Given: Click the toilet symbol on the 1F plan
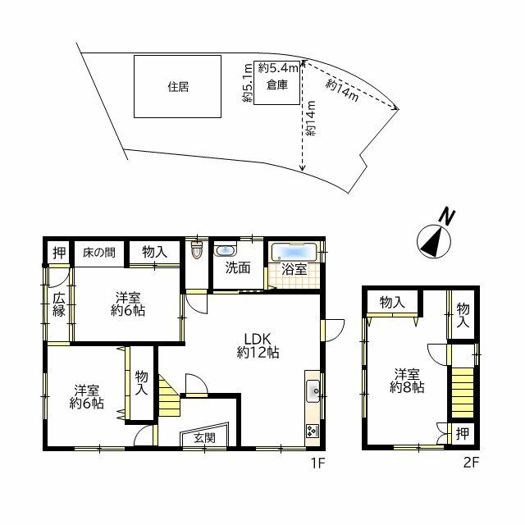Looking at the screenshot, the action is click(x=197, y=249).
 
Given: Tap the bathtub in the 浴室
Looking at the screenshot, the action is click(x=294, y=252).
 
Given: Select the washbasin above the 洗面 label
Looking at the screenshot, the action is click(x=226, y=250).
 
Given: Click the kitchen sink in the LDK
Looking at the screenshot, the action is click(x=313, y=391).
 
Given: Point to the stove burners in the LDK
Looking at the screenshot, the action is click(x=313, y=430).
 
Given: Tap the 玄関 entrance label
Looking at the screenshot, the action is click(x=204, y=437).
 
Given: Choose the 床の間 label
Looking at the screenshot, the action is click(x=98, y=252).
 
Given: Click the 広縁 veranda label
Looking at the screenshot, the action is click(x=59, y=305).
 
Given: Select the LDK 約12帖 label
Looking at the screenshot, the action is click(x=258, y=346).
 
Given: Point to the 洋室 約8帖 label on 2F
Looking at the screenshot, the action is click(x=407, y=381).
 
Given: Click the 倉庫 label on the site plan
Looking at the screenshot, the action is click(x=277, y=85).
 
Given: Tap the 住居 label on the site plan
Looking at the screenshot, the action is click(x=178, y=87).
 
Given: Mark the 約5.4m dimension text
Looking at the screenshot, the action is click(x=278, y=68).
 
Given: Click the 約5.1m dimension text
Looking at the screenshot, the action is click(x=248, y=83).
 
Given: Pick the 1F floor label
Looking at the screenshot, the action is click(x=317, y=463).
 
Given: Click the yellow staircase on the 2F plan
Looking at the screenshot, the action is click(x=463, y=392).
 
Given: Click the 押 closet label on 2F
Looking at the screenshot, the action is click(x=463, y=434).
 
